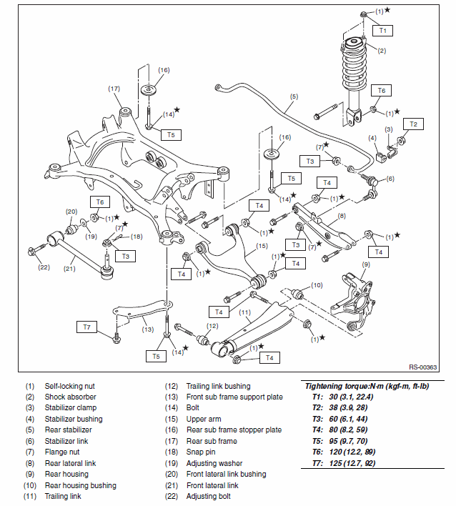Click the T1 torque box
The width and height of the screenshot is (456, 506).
pos(382,31)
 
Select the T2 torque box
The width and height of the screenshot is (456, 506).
pos(413,124)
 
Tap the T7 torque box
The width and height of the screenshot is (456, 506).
pos(86,327)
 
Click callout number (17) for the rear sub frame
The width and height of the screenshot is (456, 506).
pos(114,89)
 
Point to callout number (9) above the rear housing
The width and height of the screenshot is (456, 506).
pos(366,264)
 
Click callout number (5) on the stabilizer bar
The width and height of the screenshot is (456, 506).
pos(294,96)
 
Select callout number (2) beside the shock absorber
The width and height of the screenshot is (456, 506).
pos(382,51)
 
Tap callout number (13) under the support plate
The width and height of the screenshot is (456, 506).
pos(148,329)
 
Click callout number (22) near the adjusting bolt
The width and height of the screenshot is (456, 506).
pos(44,267)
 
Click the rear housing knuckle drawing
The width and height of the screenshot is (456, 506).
pos(353,303)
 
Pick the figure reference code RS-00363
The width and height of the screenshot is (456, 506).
pos(422,367)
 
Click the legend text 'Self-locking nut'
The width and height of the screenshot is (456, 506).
pos(70,386)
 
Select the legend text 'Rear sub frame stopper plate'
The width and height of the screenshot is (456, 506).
pos(234,430)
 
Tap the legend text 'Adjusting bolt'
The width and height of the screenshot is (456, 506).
pos(209,496)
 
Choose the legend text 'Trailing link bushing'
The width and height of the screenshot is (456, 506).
pos(219,386)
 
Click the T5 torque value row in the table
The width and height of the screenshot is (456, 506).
pos(339,441)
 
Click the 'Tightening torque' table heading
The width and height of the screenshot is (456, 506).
pos(367,386)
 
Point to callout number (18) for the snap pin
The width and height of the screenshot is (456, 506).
pos(137,237)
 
